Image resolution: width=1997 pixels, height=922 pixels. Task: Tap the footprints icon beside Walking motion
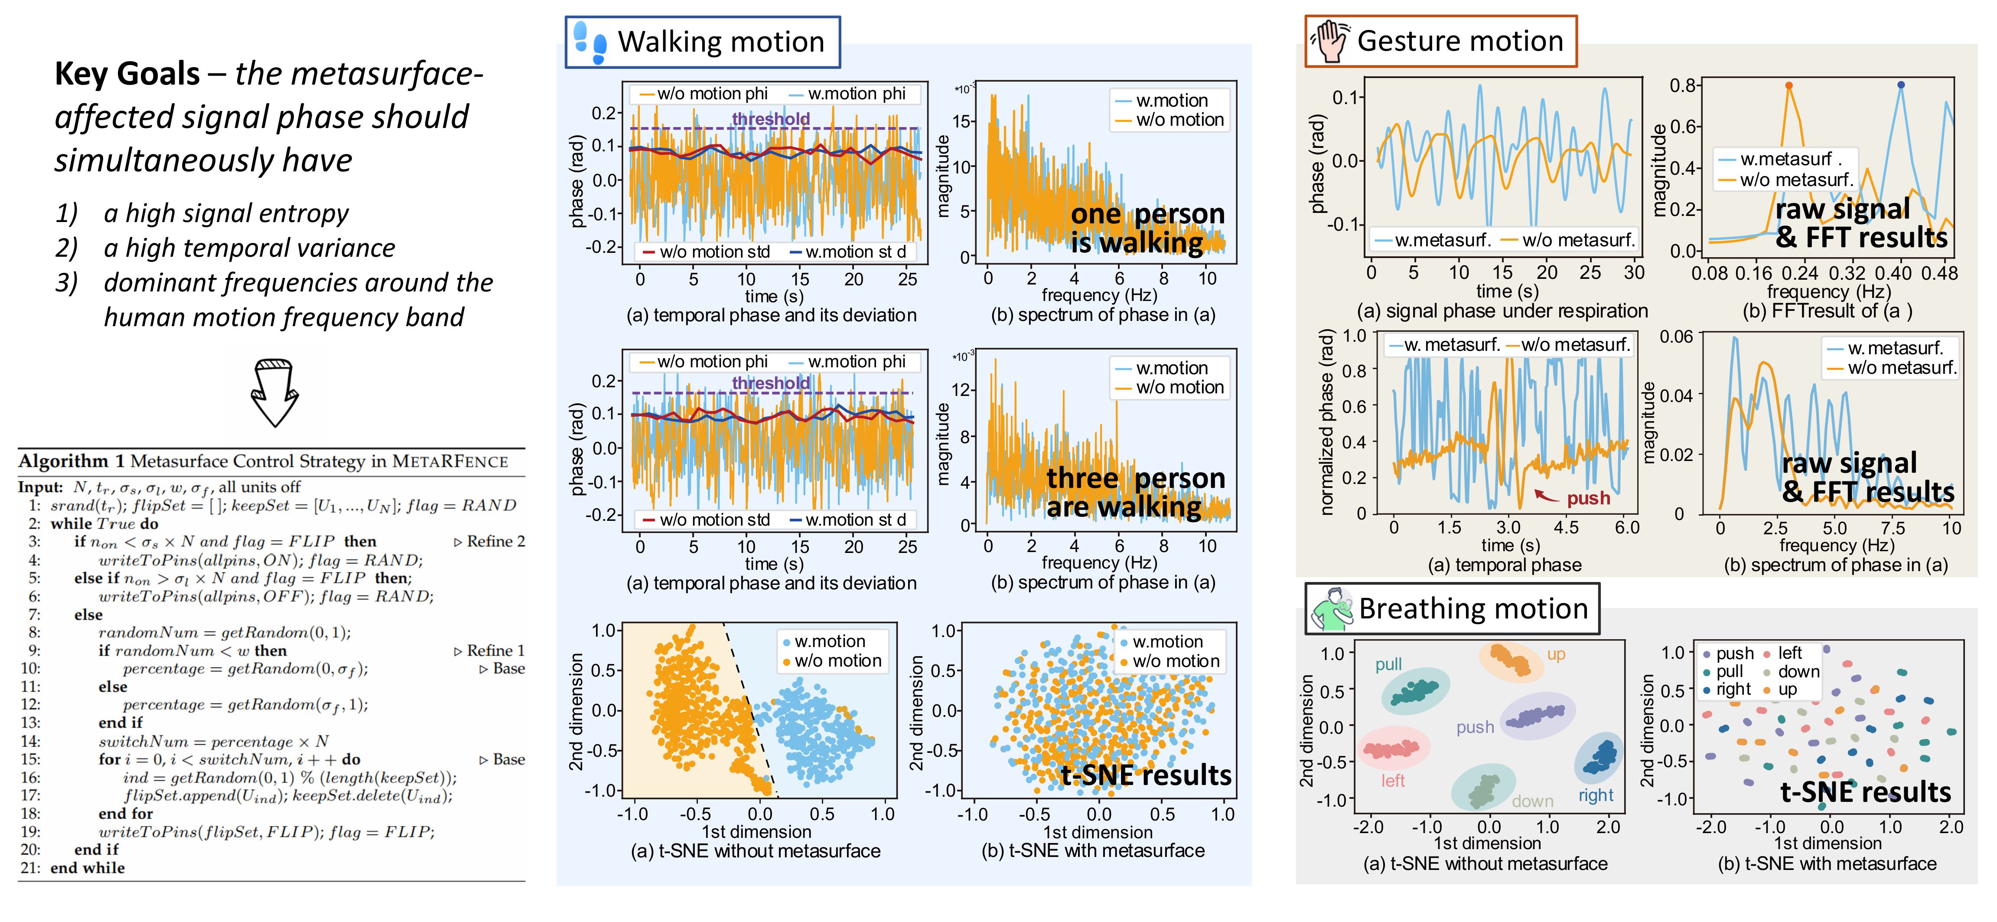click(x=589, y=42)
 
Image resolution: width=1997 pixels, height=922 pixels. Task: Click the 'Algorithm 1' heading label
click(x=72, y=461)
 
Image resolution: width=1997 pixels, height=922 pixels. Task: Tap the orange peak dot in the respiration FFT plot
click(x=1789, y=86)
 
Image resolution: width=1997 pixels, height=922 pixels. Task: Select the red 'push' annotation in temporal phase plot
click(x=1588, y=499)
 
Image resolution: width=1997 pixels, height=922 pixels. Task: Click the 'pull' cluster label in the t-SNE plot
click(x=1388, y=664)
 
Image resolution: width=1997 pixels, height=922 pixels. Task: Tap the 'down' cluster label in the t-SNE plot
click(x=1532, y=801)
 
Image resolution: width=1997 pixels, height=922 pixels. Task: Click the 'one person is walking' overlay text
click(x=1147, y=229)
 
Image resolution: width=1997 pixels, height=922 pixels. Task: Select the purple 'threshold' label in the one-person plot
click(x=771, y=119)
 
